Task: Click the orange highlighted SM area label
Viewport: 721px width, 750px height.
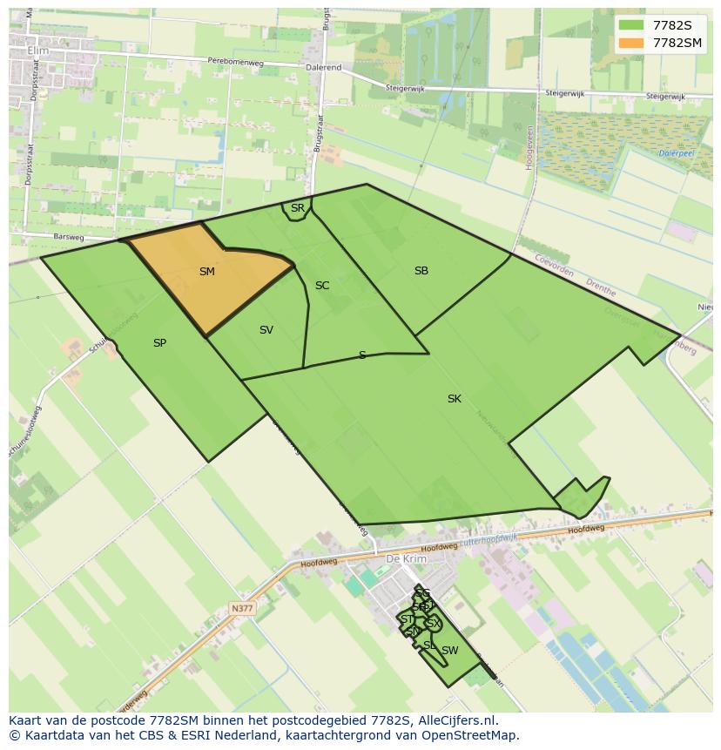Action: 206,272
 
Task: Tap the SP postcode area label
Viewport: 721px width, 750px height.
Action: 159,343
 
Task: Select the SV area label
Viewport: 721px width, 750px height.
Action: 266,330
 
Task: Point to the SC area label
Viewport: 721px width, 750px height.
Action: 322,286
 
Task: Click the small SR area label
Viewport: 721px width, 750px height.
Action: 298,208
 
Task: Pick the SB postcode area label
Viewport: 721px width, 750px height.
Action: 421,271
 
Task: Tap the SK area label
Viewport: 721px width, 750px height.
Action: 455,399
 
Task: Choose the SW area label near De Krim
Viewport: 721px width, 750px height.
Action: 449,651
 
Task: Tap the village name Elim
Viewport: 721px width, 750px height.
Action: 38,51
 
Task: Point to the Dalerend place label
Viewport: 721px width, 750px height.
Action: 323,66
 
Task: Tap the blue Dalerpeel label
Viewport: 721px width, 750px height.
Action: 676,153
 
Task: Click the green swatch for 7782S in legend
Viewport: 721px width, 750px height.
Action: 631,25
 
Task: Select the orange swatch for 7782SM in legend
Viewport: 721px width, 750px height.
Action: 631,43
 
